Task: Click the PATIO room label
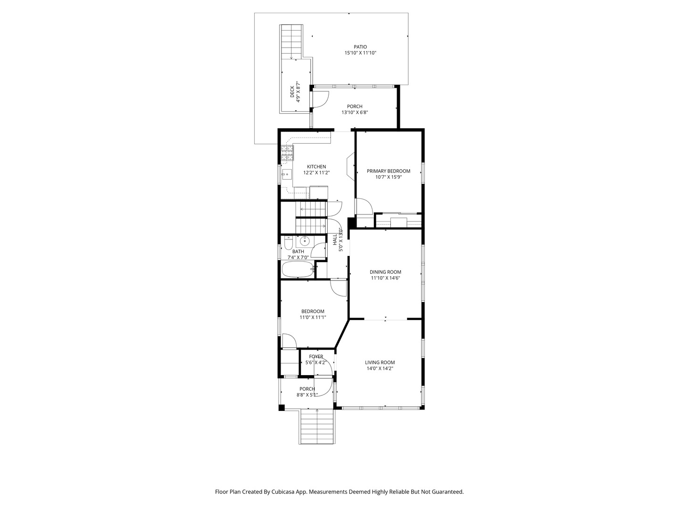click(360, 47)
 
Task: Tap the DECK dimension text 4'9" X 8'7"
click(298, 91)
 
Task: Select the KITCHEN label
click(316, 167)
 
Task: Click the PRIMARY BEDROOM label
click(388, 171)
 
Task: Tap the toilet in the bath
click(288, 243)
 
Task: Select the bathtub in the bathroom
click(298, 269)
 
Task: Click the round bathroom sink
click(305, 240)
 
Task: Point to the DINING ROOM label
click(385, 272)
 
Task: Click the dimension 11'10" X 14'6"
click(385, 278)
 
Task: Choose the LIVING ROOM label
click(380, 362)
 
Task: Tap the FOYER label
click(316, 357)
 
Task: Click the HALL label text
click(335, 240)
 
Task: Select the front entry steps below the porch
click(317, 427)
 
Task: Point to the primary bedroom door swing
click(364, 206)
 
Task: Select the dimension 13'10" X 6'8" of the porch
click(355, 113)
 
